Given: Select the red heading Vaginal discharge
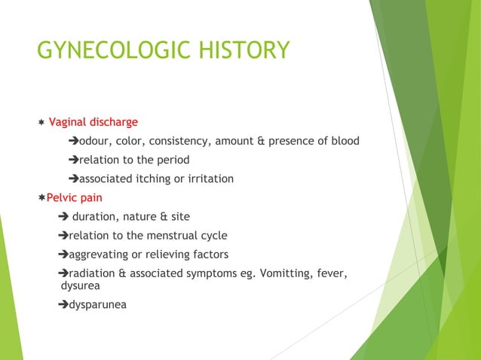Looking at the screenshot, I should [x=93, y=122].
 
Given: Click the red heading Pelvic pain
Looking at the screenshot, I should [x=75, y=198].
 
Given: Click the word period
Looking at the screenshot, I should [x=173, y=160].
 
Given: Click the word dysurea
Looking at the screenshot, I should [x=80, y=286].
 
